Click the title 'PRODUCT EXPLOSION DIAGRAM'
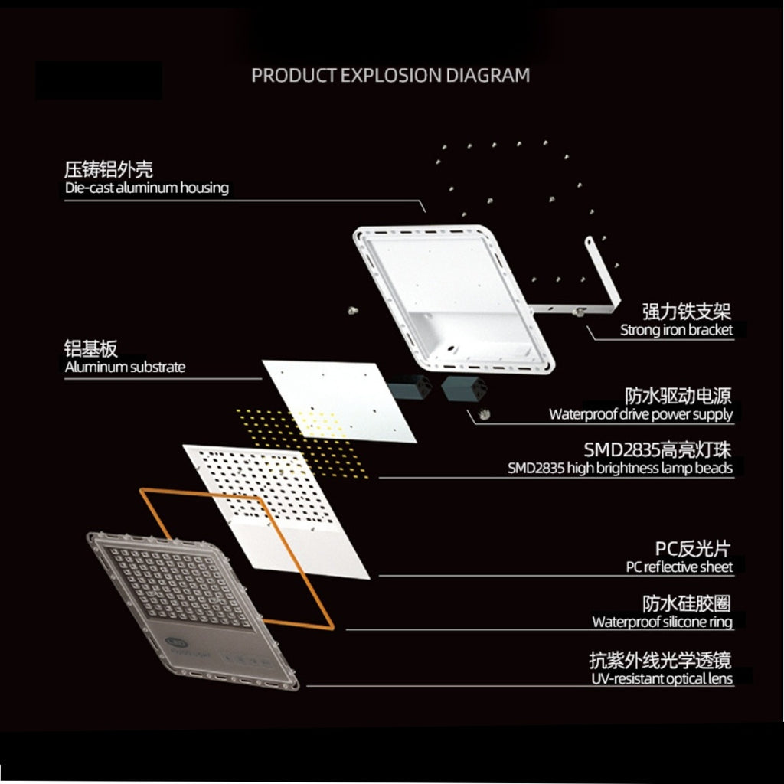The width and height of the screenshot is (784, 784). click(390, 76)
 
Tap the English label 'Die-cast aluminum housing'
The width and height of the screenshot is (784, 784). click(146, 188)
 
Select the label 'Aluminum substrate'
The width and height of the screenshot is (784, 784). click(125, 367)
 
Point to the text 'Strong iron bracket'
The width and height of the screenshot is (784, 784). click(677, 330)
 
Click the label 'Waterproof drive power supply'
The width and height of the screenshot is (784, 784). click(641, 414)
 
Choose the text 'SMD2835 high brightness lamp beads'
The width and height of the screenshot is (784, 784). click(620, 468)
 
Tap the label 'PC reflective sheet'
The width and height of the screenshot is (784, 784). click(679, 567)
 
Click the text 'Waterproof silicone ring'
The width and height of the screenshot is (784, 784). click(662, 622)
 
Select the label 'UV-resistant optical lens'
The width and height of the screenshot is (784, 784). click(662, 678)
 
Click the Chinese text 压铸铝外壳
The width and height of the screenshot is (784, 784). click(109, 169)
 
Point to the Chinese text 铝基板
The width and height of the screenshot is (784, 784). click(90, 348)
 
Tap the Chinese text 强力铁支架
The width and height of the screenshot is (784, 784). click(687, 311)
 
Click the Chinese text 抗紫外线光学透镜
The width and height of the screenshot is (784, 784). click(661, 660)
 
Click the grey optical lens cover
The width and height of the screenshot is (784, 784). click(192, 610)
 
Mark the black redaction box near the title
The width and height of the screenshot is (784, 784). click(99, 80)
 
